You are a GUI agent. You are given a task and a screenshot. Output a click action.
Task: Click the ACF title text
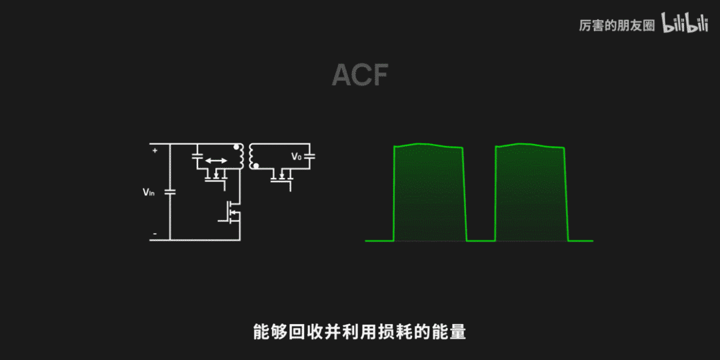[x=360, y=75]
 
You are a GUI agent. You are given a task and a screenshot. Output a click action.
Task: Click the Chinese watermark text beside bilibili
[x=617, y=25]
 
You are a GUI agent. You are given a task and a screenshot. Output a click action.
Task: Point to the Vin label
[x=148, y=192]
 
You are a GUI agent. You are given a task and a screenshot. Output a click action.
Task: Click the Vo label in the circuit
[x=296, y=157]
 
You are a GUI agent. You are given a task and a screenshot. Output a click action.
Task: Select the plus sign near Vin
[x=155, y=151]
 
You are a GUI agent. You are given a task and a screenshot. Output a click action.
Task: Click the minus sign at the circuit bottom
[x=155, y=234]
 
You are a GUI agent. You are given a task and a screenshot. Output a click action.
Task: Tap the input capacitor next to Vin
[x=169, y=191]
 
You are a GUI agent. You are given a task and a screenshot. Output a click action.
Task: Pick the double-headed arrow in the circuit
[x=215, y=161]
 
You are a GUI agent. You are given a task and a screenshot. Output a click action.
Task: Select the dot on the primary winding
[x=235, y=147]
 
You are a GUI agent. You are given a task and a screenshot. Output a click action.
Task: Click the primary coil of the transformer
[x=239, y=157]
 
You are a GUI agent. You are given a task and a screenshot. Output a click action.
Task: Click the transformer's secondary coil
[x=252, y=156]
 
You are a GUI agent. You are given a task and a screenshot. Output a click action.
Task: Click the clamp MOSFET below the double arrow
[x=216, y=176]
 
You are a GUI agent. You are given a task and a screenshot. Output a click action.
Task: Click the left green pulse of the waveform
[x=429, y=193]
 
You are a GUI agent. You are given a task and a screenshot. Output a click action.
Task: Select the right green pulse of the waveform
[x=531, y=193]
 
